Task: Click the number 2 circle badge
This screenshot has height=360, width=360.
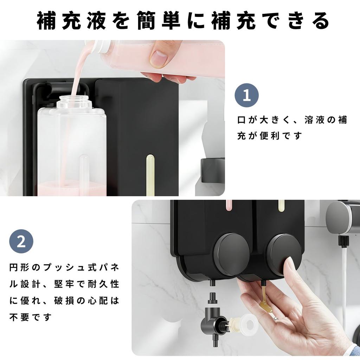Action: [x=21, y=241]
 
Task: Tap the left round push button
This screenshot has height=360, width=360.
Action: [x=231, y=254]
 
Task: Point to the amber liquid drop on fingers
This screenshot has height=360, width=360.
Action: [x=266, y=305]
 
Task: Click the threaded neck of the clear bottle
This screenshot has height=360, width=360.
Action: [x=74, y=102]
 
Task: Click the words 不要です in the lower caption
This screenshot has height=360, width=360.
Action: [x=30, y=317]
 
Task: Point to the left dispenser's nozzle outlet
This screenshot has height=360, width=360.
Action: [x=212, y=283]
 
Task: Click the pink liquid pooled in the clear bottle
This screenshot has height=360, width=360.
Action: [x=70, y=188]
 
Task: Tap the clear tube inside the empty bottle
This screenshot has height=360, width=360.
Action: [x=85, y=169]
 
